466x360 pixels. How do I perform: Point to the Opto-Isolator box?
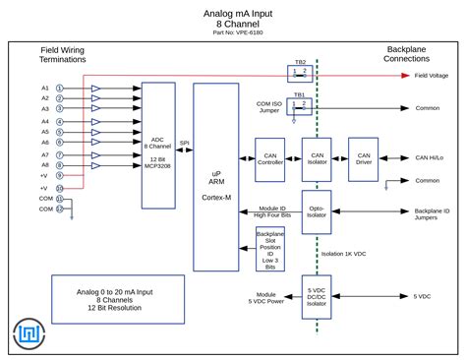point(316,212)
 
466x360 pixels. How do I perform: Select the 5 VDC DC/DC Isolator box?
point(316,296)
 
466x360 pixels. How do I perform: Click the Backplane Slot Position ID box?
point(269,249)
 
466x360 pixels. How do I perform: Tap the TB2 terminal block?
point(300,74)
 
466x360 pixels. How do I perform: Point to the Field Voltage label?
point(432,75)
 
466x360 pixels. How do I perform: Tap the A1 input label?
point(45,89)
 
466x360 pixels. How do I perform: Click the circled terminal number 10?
point(59,187)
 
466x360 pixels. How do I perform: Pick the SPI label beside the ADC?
point(184,143)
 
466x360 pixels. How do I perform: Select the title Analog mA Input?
point(233,14)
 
